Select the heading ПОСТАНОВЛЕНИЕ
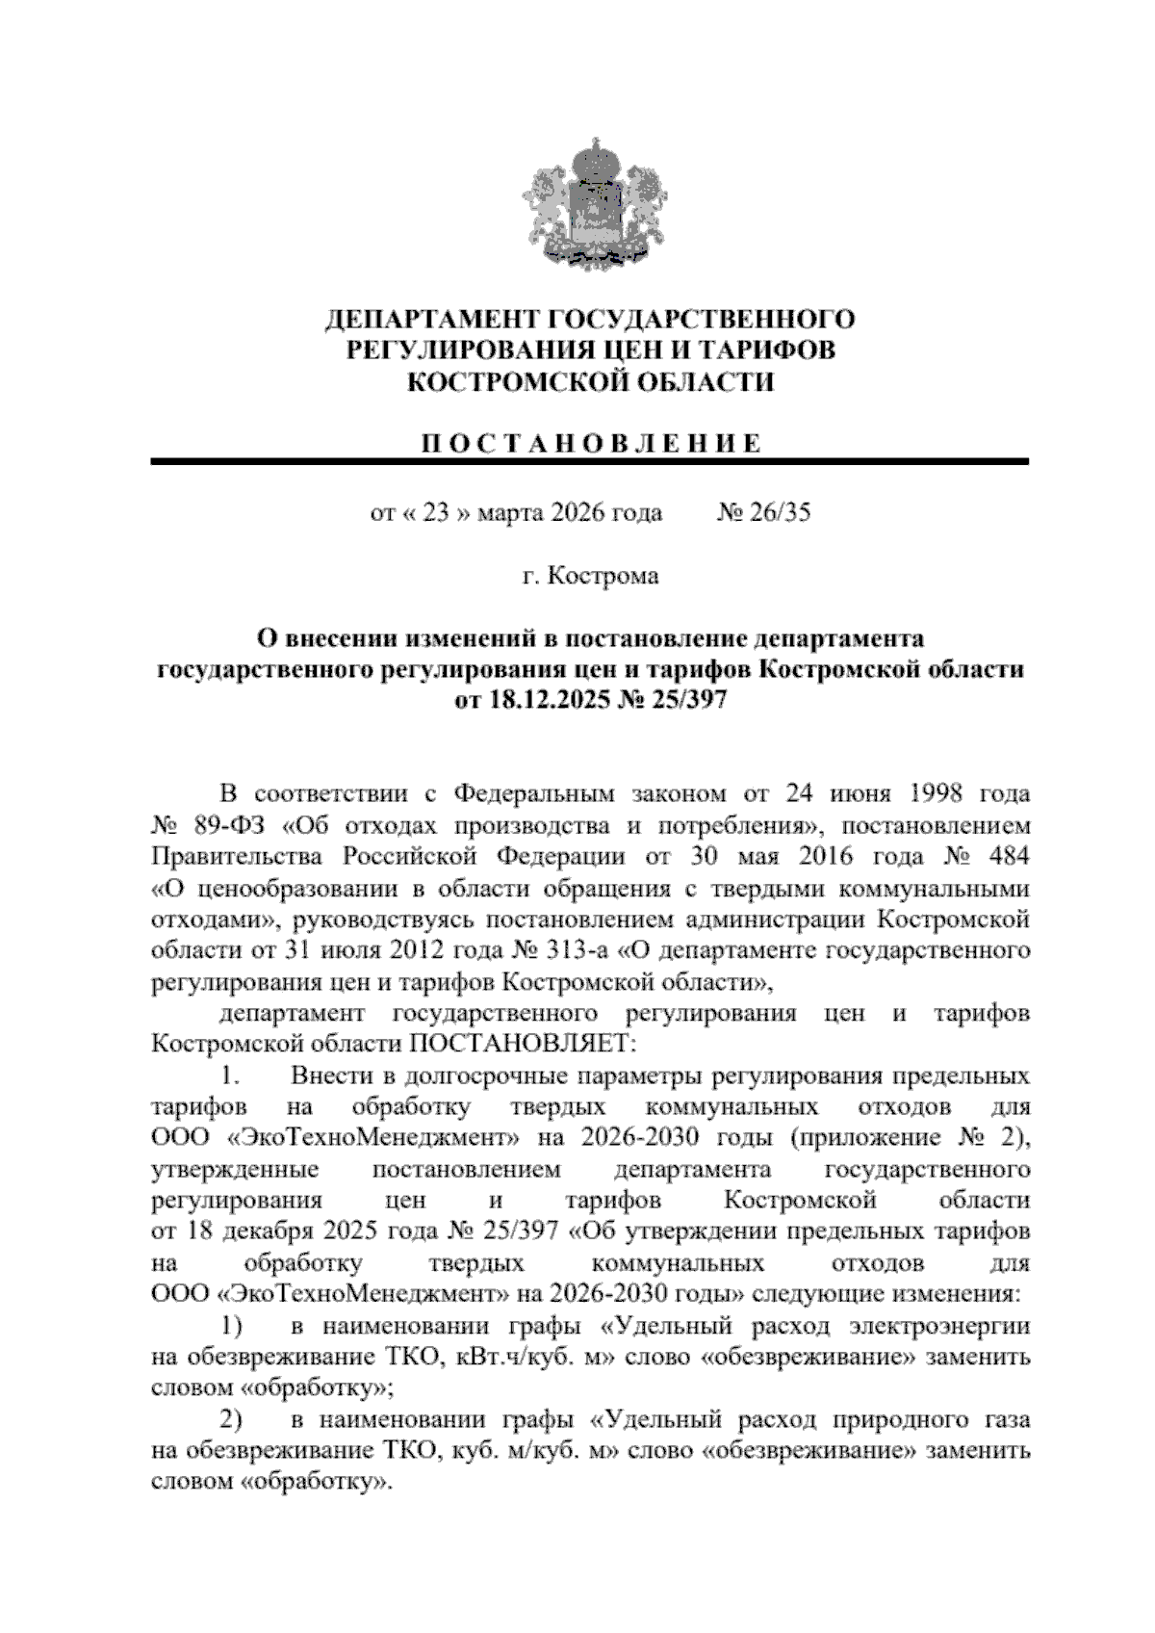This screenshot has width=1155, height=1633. tap(590, 444)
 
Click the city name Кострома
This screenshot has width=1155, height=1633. tap(603, 576)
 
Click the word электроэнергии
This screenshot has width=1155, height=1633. tap(940, 1327)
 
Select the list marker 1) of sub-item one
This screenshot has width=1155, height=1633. tap(232, 1327)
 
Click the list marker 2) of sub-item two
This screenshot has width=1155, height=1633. tap(232, 1420)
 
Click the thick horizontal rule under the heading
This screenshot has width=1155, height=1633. tap(590, 462)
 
